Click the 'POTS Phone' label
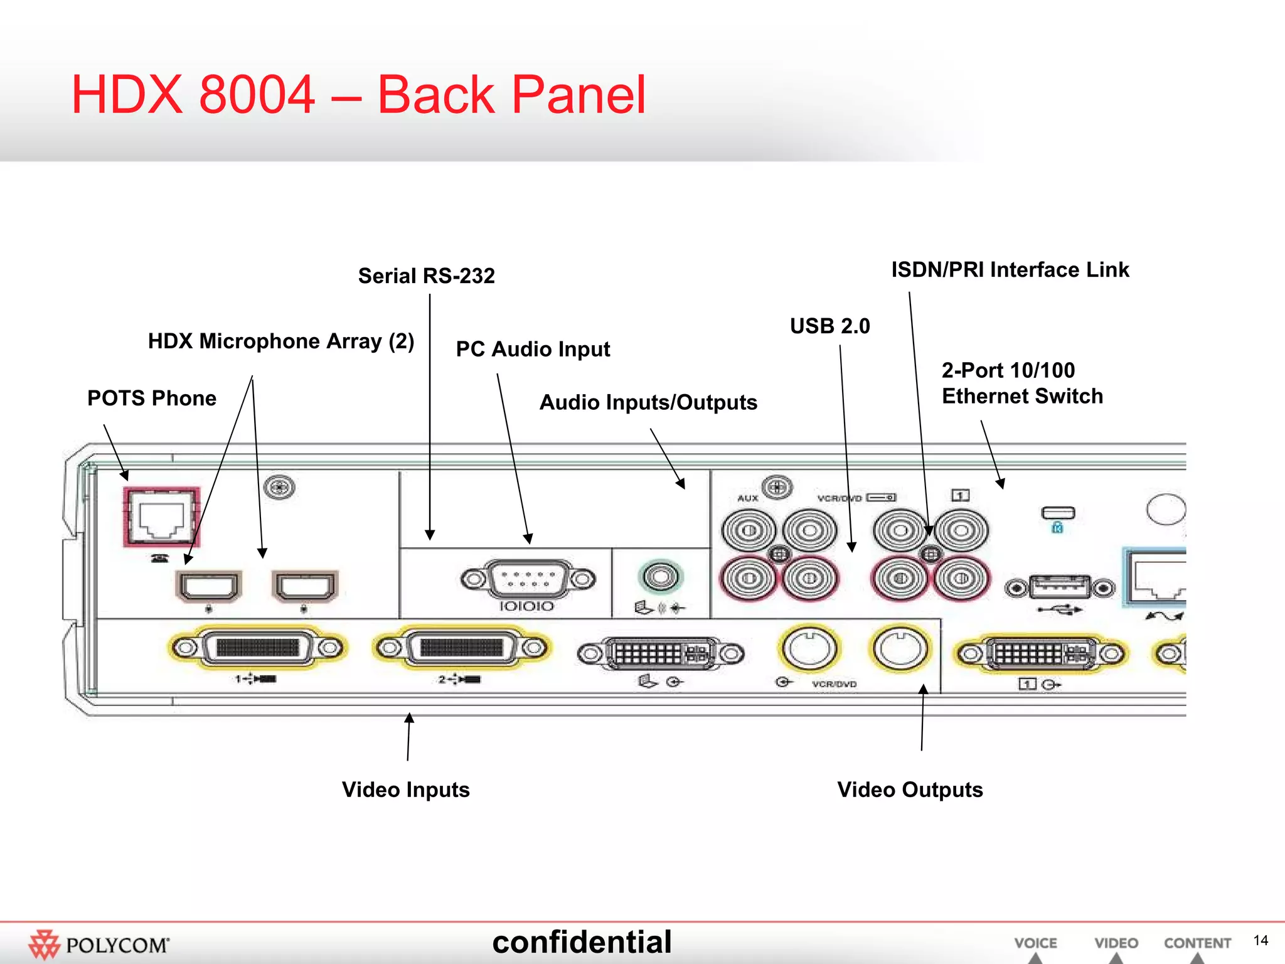pos(151,399)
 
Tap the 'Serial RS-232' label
pos(426,276)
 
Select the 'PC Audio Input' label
pos(533,349)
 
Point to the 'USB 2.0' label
pos(829,326)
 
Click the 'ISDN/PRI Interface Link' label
pos(1010,270)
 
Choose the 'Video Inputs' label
pos(405,790)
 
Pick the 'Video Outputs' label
pos(910,790)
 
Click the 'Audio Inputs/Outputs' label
pos(648,402)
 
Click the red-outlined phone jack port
pos(161,516)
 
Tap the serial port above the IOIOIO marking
pos(528,579)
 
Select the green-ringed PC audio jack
pos(660,576)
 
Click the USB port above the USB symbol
pos(1060,587)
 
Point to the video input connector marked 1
pos(257,648)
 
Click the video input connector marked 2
pos(461,648)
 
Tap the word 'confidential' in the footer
pos(582,942)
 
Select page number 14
pos(1261,940)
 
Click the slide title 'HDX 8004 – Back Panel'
pos(358,95)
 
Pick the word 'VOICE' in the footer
pos(1035,943)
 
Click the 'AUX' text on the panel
pos(747,498)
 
